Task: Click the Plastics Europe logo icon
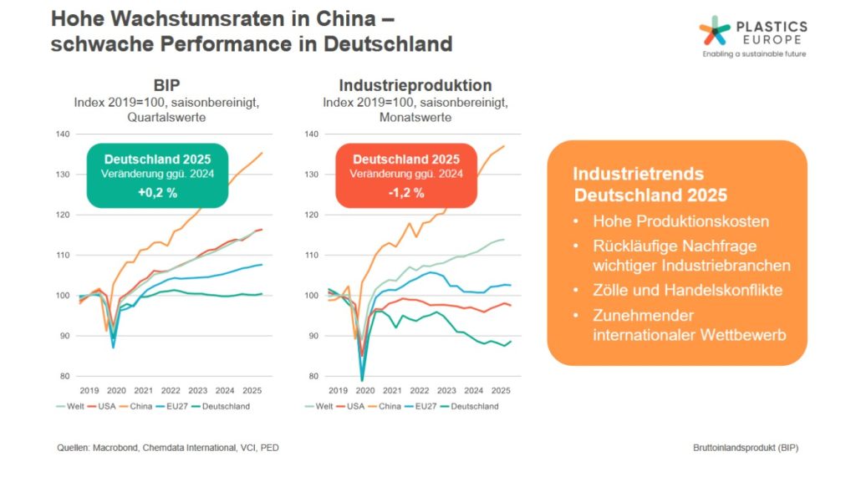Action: (x=715, y=31)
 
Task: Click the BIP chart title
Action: (x=167, y=86)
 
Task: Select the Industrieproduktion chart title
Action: (x=415, y=86)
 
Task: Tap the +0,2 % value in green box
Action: (x=158, y=192)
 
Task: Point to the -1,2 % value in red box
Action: (x=406, y=192)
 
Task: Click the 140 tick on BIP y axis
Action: (x=61, y=134)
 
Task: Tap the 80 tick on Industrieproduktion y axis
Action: (x=313, y=376)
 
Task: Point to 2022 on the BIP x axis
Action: (x=170, y=390)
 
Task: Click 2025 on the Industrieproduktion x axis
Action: (x=500, y=390)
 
